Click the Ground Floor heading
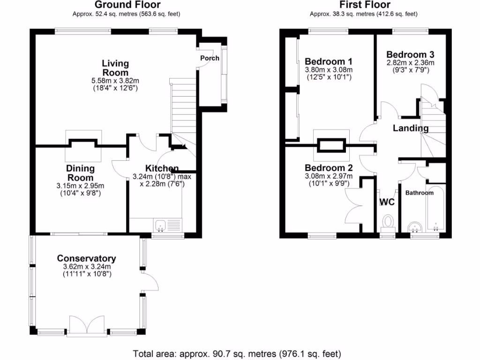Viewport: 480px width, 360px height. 127,5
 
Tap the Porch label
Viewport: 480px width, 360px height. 210,58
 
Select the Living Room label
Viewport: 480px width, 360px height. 115,68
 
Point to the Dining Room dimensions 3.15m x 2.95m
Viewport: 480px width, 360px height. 80,186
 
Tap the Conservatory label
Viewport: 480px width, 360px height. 86,258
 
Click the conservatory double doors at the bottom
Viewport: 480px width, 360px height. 86,324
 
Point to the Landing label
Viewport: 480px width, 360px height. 410,128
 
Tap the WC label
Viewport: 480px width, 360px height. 387,202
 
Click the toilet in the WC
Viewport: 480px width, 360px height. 388,222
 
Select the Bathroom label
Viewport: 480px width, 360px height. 420,193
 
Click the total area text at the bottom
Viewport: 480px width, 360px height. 237,353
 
